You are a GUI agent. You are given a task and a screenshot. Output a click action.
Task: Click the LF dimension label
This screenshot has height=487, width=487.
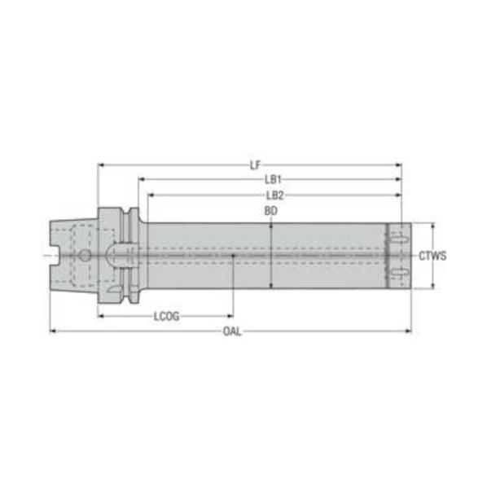tap(255, 165)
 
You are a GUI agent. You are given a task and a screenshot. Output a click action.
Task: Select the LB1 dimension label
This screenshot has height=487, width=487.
tap(273, 179)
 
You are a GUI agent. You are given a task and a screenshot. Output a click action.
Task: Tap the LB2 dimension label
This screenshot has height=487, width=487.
tap(275, 195)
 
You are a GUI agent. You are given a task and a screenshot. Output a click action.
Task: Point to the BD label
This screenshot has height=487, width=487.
tap(271, 211)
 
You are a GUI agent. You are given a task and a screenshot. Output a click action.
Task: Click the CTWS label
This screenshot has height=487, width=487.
tap(432, 256)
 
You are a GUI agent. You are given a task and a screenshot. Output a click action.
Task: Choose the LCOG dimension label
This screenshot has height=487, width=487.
tap(167, 316)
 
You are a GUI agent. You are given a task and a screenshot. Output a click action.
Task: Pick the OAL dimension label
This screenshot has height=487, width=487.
tap(232, 331)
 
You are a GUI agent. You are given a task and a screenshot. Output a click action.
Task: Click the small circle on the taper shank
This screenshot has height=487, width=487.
tap(85, 256)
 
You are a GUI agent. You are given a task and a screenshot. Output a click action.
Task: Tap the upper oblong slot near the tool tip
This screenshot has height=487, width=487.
tap(399, 239)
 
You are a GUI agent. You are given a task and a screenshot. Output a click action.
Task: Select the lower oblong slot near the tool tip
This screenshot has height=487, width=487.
tap(399, 272)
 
